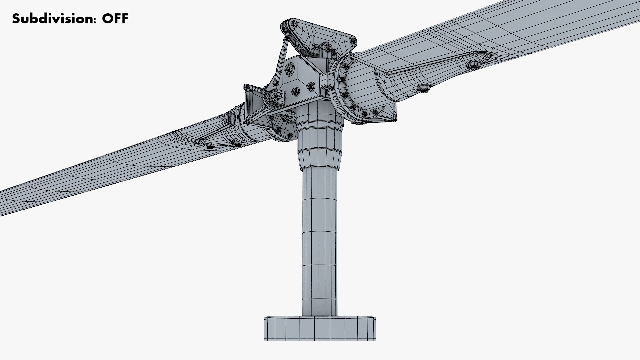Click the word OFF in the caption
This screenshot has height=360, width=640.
coord(115,19)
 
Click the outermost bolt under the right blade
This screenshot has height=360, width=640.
coord(473,65)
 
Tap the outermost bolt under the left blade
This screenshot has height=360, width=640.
coord(209,147)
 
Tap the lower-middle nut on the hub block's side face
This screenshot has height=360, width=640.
coord(295,91)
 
